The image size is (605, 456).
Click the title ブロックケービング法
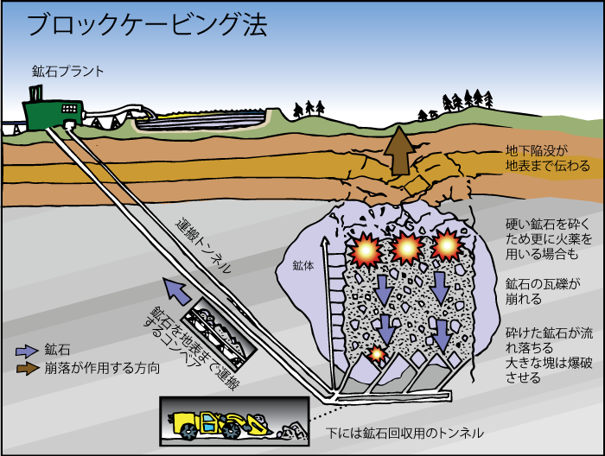click(x=147, y=25)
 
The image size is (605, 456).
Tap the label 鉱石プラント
click(x=68, y=72)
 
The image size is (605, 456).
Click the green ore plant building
click(x=53, y=111)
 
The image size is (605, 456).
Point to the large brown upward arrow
click(x=400, y=150)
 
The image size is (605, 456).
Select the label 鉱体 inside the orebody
click(x=302, y=266)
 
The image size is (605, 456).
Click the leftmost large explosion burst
click(x=365, y=250)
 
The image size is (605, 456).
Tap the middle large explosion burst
click(x=406, y=249)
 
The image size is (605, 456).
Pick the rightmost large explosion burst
click(x=447, y=245)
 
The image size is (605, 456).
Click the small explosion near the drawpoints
click(x=377, y=353)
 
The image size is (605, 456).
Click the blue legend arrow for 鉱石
click(x=27, y=351)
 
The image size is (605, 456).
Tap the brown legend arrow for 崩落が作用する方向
click(x=27, y=368)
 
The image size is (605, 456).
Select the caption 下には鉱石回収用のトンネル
click(x=404, y=433)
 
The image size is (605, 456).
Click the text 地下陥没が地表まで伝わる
click(x=547, y=158)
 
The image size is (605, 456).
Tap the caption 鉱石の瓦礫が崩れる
click(x=543, y=291)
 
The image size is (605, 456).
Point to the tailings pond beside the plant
click(x=201, y=119)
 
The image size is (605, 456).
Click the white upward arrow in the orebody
click(x=328, y=313)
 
